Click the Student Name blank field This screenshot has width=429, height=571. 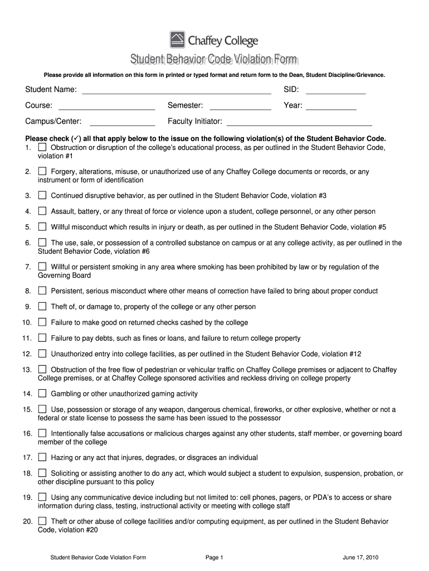176,90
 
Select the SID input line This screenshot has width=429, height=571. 335,90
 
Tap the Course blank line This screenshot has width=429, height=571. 106,106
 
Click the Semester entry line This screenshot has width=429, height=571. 240,106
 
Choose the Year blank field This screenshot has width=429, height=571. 331,106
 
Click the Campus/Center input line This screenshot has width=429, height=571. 122,122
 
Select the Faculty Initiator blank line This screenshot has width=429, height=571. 299,122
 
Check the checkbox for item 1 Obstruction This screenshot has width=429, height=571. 42,148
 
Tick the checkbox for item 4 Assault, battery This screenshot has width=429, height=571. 42,211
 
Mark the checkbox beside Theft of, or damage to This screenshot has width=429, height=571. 42,307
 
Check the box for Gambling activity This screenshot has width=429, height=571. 42,394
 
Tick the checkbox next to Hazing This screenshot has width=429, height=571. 42,457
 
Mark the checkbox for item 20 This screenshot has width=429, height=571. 42,521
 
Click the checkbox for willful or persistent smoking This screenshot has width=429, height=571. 42,267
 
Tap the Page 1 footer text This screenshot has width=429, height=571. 214,557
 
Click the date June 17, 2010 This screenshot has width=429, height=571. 360,557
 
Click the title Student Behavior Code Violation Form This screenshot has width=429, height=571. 214,60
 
